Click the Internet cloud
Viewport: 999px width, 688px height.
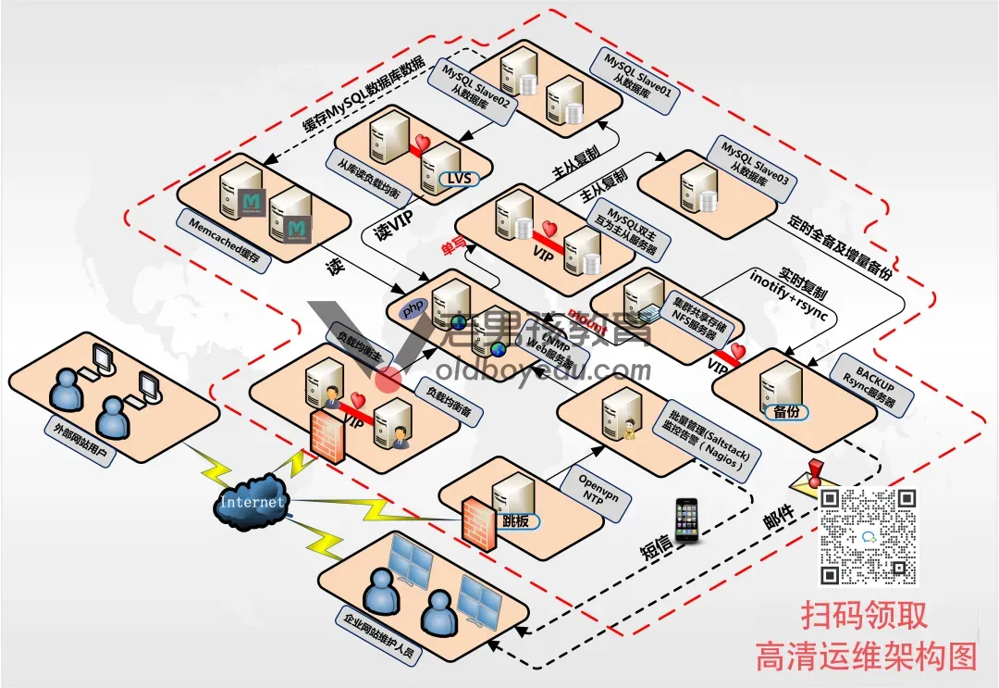(252, 502)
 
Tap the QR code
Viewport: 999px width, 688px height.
(869, 536)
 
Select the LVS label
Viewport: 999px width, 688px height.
(454, 177)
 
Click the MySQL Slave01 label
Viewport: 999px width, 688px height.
(637, 70)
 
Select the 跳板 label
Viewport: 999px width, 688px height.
(516, 521)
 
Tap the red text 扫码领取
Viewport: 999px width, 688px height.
(864, 616)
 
